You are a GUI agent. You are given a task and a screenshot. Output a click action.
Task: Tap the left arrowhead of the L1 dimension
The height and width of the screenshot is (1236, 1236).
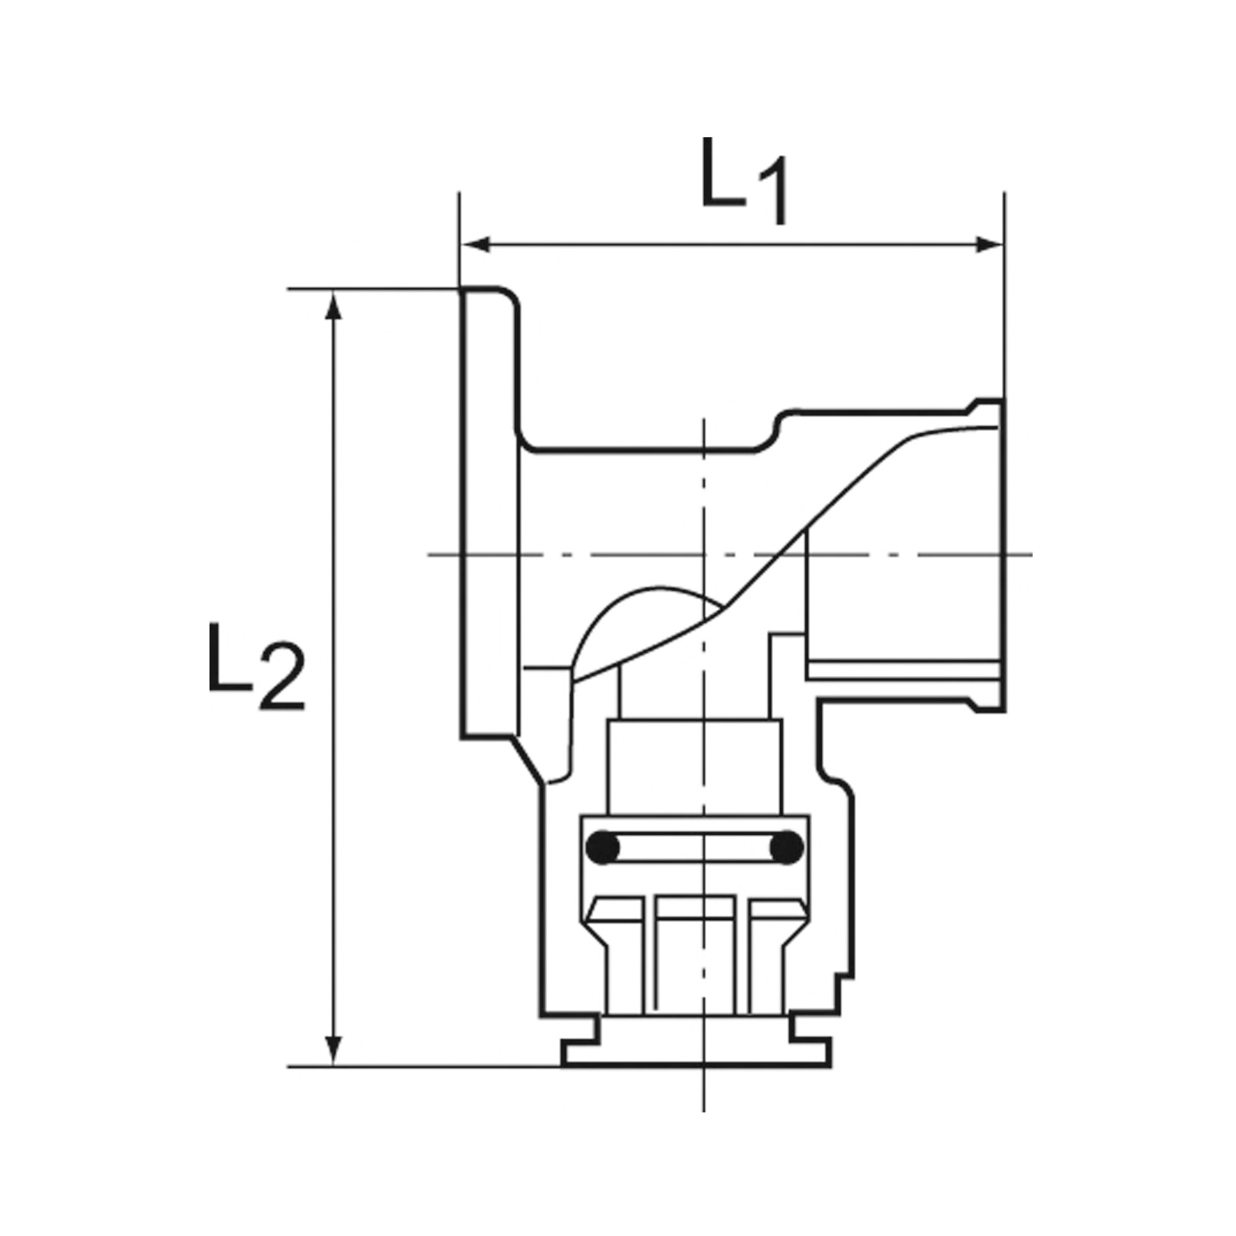(x=476, y=244)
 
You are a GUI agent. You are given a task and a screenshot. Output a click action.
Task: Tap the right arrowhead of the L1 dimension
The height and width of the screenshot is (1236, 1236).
(x=988, y=244)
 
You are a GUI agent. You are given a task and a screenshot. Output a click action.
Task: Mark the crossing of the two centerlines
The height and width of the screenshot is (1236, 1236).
(x=703, y=555)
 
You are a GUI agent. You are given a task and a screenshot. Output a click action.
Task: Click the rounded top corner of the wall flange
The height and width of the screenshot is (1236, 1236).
(x=509, y=295)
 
